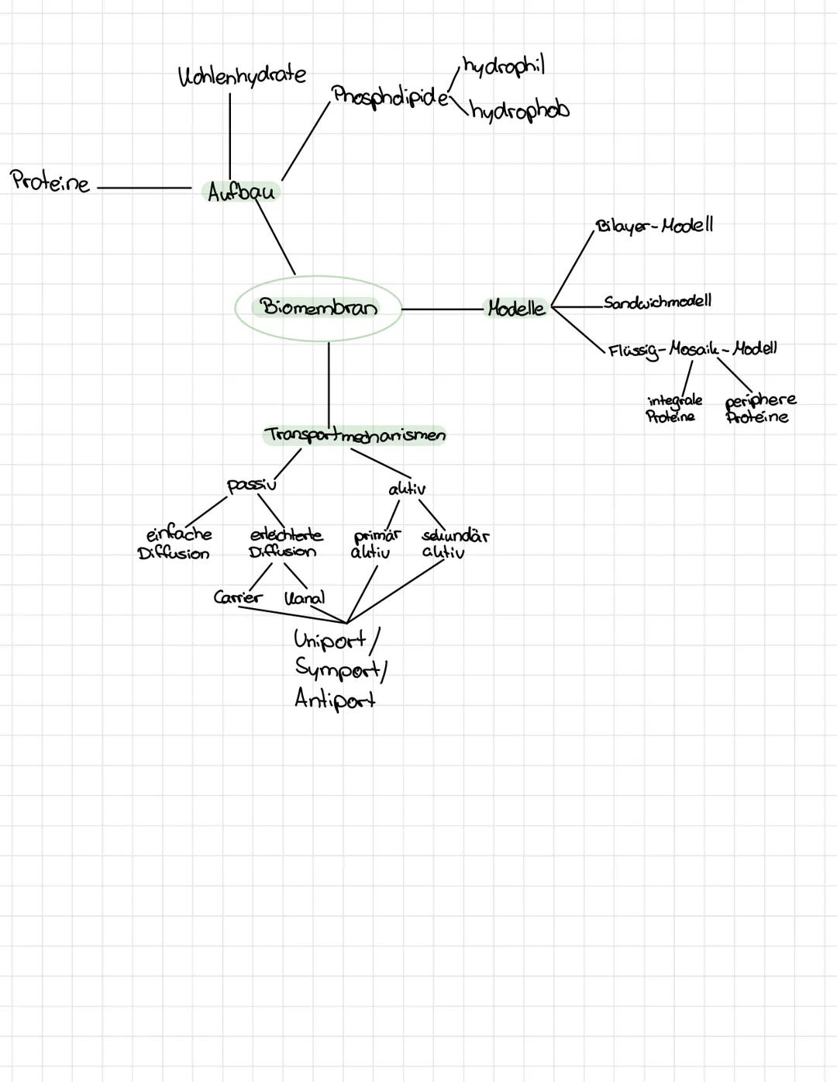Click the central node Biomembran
pos(319,308)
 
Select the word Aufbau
pos(241,191)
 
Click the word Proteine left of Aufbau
pos(50,182)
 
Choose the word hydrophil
pos(504,67)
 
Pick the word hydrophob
pos(519,112)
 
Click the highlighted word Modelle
pos(516,308)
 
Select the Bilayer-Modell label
pos(654,226)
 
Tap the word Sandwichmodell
pos(657,302)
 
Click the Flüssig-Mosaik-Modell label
pos(692,349)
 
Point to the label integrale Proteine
pos(673,408)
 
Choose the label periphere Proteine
pos(759,408)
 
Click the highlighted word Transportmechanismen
pos(355,435)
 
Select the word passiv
pos(251,485)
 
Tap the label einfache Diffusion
pos(176,543)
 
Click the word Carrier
pos(238,597)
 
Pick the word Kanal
pos(305,598)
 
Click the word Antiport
pos(335,700)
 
